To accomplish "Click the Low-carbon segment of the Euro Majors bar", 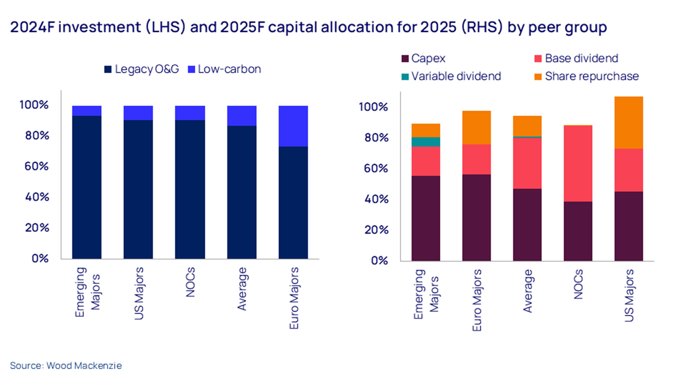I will point(293,126).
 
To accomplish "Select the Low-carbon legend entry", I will point(224,69).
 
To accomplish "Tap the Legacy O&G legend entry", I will point(141,69).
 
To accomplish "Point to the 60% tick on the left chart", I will point(37,166).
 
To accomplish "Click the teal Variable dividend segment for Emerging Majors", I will point(426,142).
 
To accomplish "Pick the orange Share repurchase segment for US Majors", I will point(628,122).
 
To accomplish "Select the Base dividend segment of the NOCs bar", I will point(578,163).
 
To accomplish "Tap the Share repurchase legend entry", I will point(587,76).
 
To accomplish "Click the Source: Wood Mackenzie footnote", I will point(66,365).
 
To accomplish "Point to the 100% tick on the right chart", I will point(373,107).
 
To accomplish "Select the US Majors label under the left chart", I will point(139,293).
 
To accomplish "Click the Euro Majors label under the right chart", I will point(477,300).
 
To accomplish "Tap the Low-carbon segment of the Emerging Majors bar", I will point(87,111).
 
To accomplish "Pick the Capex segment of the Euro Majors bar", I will point(476,217).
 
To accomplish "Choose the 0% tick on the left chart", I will point(40,259).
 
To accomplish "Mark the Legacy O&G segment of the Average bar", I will point(242,192).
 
